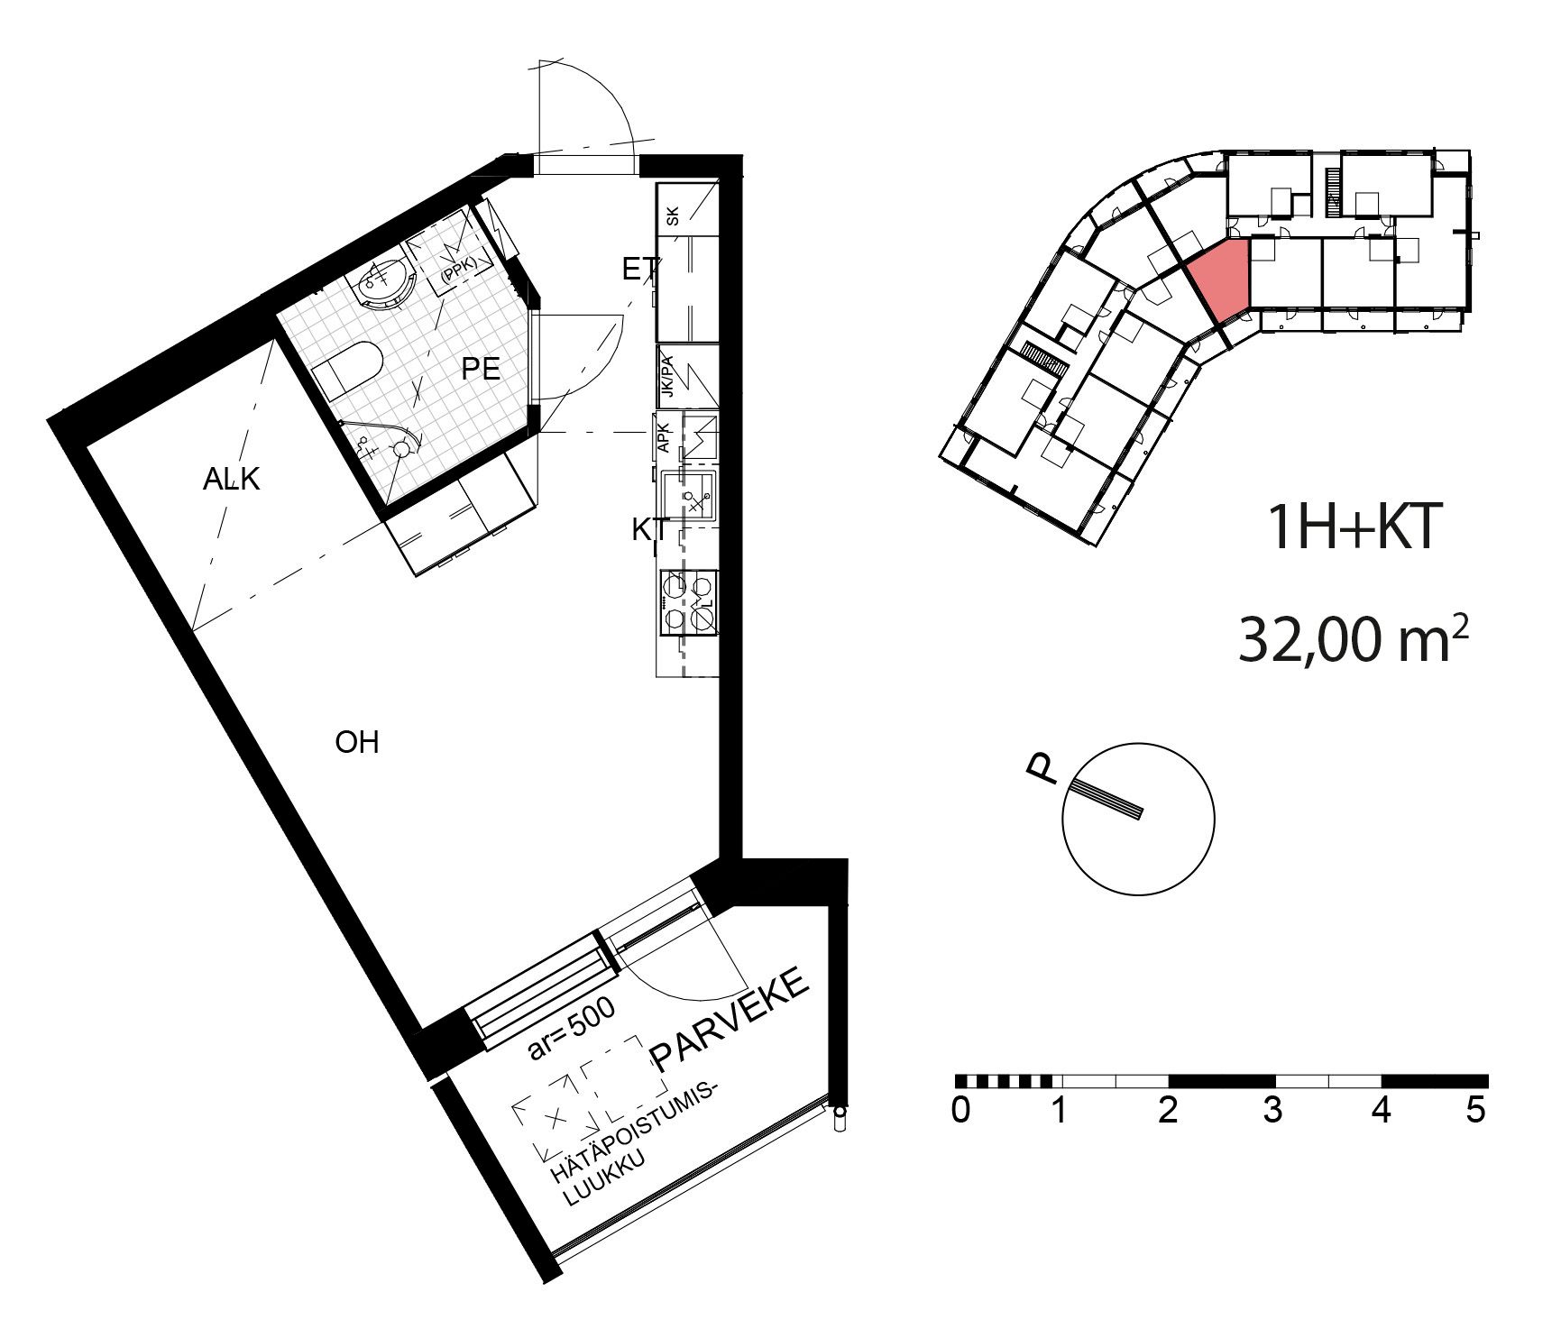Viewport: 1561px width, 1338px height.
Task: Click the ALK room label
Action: tap(231, 479)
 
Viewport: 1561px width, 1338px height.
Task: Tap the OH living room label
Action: tap(356, 743)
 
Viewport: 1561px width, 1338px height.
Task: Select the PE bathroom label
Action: tap(480, 369)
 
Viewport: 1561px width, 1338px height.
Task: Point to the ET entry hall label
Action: tap(640, 269)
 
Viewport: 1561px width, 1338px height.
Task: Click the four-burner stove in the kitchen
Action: tap(690, 602)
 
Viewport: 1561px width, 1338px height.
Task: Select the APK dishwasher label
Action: tap(664, 438)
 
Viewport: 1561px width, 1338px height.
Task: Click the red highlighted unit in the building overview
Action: tap(1219, 277)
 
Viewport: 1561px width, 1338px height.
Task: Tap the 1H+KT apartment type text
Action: tap(1350, 528)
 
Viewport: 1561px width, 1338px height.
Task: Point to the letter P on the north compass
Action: tap(1042, 769)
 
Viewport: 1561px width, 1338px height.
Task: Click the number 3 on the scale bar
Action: tap(1272, 1110)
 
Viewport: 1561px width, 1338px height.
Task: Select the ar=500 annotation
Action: tap(570, 1028)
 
